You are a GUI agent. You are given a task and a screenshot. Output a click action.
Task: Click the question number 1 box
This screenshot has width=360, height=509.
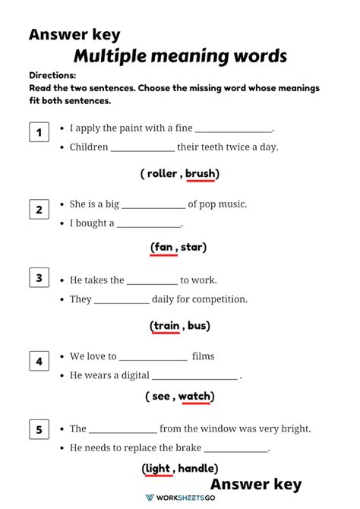[39, 134]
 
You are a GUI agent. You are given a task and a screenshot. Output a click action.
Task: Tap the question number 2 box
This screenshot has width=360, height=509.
[39, 210]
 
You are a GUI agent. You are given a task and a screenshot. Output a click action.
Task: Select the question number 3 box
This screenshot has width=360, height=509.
[39, 278]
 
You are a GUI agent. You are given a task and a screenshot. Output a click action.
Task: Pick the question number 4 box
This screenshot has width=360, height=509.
[39, 362]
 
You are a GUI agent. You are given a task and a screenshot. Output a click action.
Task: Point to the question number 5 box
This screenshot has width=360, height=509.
[39, 431]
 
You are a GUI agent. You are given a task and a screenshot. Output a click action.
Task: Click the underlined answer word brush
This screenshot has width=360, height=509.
[201, 173]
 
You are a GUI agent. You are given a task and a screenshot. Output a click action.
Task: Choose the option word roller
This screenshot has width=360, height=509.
[161, 173]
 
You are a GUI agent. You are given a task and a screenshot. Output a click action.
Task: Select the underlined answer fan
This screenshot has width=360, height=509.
[163, 247]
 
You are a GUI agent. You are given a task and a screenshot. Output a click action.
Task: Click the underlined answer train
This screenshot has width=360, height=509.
[166, 326]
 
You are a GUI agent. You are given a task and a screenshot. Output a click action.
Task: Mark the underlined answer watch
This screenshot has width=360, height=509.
[194, 396]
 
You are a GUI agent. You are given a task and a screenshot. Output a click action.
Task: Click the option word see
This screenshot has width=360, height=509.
[161, 396]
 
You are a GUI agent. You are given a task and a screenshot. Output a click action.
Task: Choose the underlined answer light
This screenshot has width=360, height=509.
[158, 468]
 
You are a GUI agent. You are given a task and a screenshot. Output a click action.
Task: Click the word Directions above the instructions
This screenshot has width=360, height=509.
[52, 76]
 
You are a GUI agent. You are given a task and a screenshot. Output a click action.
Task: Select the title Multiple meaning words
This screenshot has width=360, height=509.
[180, 56]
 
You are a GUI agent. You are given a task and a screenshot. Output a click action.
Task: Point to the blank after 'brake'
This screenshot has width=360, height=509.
[236, 448]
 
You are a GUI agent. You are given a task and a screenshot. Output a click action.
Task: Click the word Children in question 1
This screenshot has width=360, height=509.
[89, 147]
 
